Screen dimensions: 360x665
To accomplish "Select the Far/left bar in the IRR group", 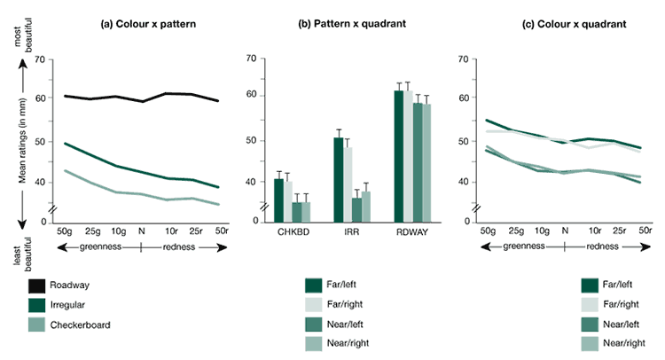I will [x=339, y=177].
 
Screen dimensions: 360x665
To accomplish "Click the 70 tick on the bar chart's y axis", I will [x=250, y=59].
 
